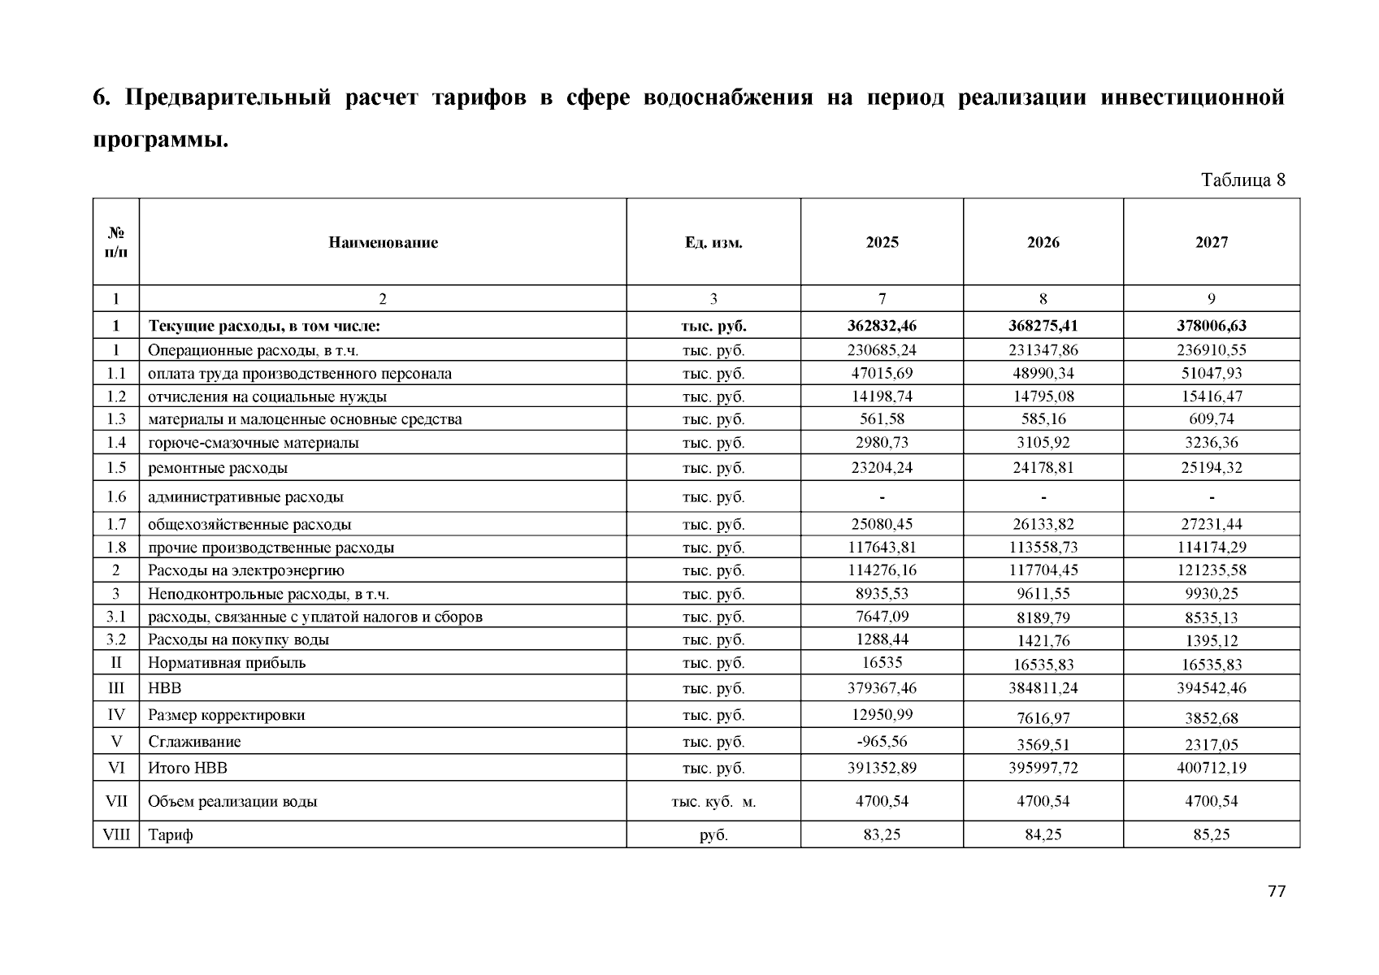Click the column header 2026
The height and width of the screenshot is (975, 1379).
pos(1043,242)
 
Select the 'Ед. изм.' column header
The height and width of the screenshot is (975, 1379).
pos(713,242)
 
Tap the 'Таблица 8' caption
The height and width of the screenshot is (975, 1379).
pos(1242,180)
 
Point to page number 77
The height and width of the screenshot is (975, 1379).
pos(1276,891)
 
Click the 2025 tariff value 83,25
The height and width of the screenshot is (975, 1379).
pos(882,834)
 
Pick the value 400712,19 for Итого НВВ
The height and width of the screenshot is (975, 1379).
pos(1211,768)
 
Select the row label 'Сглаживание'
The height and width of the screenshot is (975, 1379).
pos(194,742)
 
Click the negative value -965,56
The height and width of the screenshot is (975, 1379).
pos(882,741)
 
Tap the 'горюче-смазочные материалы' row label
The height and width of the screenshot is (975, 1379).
pos(253,443)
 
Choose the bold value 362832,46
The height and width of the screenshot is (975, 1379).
pos(882,326)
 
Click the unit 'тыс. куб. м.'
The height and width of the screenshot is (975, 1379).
pos(713,802)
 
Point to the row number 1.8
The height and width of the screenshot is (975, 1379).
pos(116,548)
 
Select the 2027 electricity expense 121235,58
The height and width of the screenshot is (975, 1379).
pos(1211,570)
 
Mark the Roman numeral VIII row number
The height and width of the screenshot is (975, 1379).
pos(116,834)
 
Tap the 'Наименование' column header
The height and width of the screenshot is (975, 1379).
pos(383,242)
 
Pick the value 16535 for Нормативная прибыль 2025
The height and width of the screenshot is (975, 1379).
pos(882,662)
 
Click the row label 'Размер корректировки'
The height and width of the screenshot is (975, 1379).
pos(226,715)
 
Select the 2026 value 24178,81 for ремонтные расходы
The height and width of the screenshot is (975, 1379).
pos(1043,468)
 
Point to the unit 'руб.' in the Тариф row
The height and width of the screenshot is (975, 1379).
pos(713,834)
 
